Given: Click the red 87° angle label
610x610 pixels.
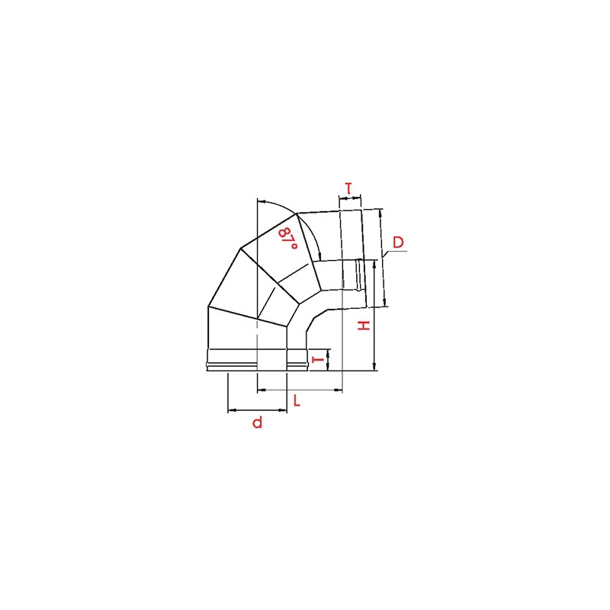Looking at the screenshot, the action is (x=288, y=239).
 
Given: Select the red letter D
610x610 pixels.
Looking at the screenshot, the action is (x=398, y=242).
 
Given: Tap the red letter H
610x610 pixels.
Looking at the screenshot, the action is (x=364, y=326).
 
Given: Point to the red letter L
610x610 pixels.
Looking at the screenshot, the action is (x=297, y=400).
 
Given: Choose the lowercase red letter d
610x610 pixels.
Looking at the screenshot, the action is (x=258, y=422).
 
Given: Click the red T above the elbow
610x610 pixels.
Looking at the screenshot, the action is (x=348, y=188).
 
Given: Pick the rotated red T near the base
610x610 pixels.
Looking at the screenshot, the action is (x=318, y=359).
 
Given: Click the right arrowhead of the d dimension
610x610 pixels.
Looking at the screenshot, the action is (x=283, y=410).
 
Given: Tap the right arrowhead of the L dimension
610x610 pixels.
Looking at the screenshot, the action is (x=338, y=390).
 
